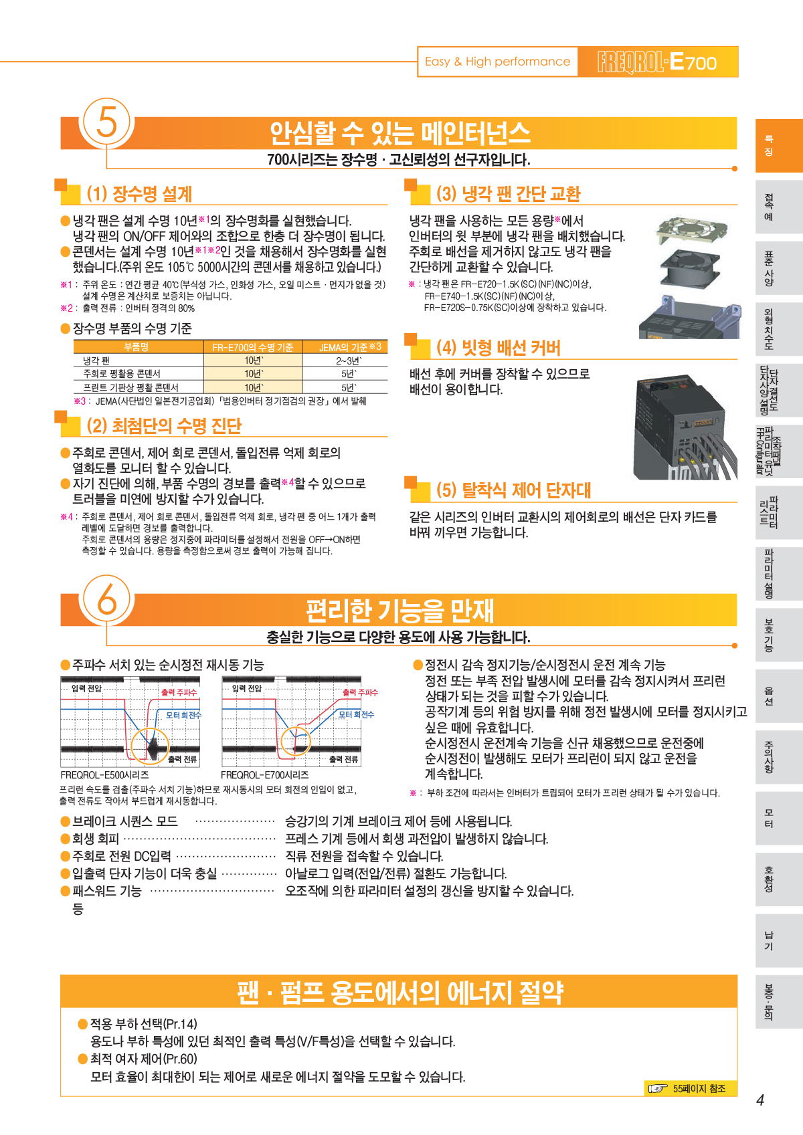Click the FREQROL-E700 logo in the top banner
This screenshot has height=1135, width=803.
click(657, 62)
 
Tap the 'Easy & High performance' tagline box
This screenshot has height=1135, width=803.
click(497, 62)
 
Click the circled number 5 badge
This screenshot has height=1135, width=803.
click(106, 122)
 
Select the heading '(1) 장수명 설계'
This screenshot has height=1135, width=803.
click(139, 193)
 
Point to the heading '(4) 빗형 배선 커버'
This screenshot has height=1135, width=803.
click(499, 348)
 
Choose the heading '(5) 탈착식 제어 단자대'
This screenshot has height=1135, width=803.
click(513, 490)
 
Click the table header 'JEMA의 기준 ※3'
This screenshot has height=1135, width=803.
click(350, 347)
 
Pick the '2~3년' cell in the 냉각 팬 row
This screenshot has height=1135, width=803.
click(349, 360)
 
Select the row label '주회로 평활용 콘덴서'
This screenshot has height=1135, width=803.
click(122, 374)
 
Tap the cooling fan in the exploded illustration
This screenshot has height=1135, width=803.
click(689, 266)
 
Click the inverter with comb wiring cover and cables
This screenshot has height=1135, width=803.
click(685, 427)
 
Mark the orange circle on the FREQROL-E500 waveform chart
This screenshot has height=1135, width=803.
click(150, 746)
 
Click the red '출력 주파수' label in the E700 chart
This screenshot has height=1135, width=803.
click(360, 692)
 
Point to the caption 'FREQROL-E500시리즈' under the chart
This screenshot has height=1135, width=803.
click(104, 775)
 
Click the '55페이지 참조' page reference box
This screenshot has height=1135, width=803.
click(690, 1088)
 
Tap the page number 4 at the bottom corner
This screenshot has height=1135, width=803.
click(760, 1100)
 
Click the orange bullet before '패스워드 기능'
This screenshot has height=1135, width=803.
click(65, 891)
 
